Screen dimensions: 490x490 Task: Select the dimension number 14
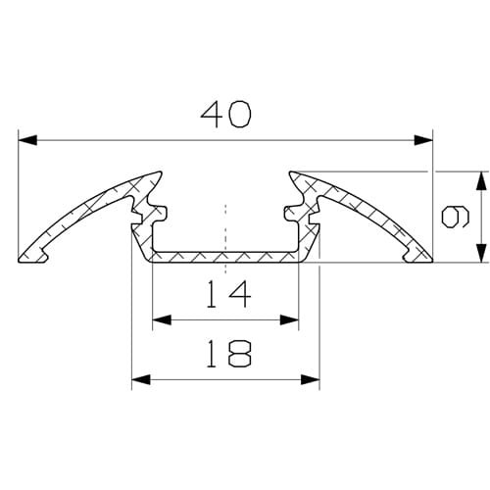tap(226, 292)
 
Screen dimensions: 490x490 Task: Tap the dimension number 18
tap(226, 353)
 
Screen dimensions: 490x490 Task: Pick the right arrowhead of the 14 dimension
tap(290, 319)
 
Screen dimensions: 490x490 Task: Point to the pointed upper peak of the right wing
tap(291, 173)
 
